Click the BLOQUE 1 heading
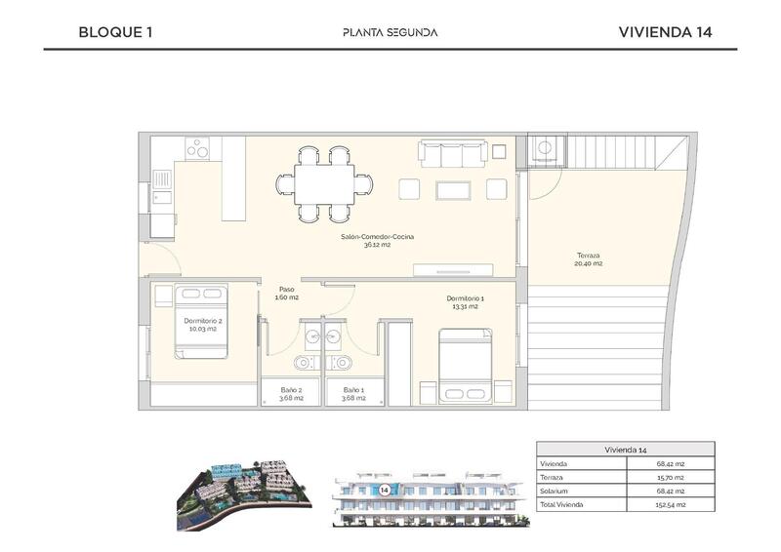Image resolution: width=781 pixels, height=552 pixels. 115,31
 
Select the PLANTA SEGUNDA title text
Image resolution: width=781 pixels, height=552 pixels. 390,32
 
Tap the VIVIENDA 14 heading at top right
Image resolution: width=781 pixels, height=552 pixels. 665,31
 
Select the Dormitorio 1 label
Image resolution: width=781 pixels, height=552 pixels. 465,302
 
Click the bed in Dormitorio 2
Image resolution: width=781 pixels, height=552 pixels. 201,321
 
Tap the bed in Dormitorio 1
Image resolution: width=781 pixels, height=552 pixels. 464,365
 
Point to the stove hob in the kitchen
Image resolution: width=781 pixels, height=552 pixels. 198,148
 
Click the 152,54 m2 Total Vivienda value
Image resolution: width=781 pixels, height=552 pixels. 670,505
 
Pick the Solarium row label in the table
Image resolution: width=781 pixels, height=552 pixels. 554,492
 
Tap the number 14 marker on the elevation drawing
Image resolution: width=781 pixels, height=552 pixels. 385,488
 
